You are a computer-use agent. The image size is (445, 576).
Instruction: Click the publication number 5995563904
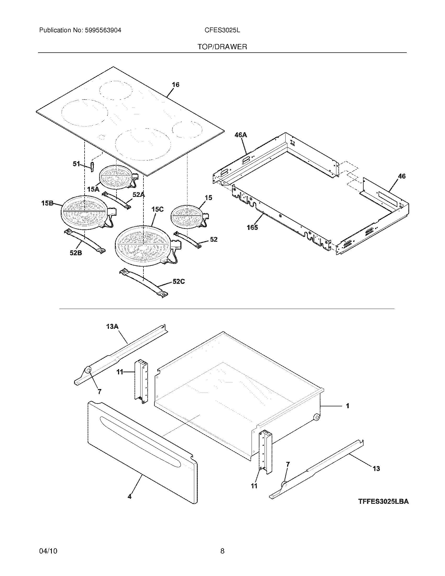point(103,30)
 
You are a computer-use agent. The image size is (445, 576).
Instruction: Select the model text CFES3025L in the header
point(222,30)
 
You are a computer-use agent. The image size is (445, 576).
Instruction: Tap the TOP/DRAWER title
point(222,47)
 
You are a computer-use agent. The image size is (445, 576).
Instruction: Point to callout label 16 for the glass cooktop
point(176,85)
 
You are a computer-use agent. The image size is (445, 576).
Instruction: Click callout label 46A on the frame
point(240,135)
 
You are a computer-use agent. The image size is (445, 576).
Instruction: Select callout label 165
point(252,227)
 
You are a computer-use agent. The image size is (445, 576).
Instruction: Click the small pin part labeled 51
point(92,167)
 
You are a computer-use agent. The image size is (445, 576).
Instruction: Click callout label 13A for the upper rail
point(112,326)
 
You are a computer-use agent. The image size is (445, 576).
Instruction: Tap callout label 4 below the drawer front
point(129,496)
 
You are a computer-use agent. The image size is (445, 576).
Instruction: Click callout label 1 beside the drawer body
point(347,406)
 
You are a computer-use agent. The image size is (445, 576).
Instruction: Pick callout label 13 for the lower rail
point(376,469)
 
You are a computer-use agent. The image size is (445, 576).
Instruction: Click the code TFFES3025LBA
point(383,501)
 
